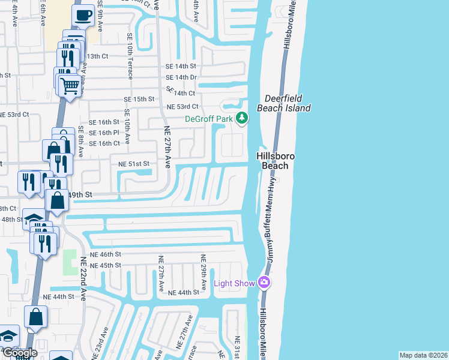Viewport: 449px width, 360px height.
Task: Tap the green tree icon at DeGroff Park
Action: pos(242,118)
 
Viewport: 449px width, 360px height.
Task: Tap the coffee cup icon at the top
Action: pos(83,15)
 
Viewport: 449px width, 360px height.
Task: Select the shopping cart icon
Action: pos(70,86)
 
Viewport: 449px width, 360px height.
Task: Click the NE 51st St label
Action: pos(133,163)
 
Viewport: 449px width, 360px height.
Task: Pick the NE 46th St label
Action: pos(105,255)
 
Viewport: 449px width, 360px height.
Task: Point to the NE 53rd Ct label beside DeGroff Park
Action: pos(182,107)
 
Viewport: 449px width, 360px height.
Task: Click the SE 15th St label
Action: pos(139,99)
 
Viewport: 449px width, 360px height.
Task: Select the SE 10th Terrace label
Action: pos(129,56)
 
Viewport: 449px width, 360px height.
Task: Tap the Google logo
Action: pos(20,353)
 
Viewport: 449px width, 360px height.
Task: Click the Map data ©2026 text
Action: pos(423,355)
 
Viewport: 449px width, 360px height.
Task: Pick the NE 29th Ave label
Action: pos(203,273)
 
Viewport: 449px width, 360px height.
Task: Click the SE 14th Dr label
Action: pos(181,77)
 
